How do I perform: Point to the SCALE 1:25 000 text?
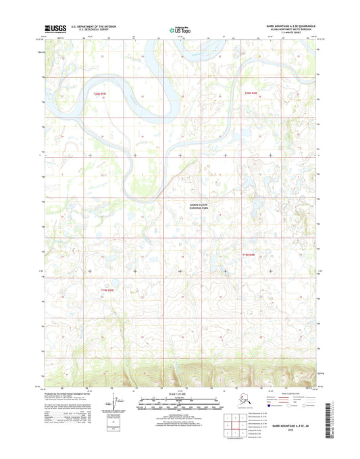[x=180, y=393]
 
